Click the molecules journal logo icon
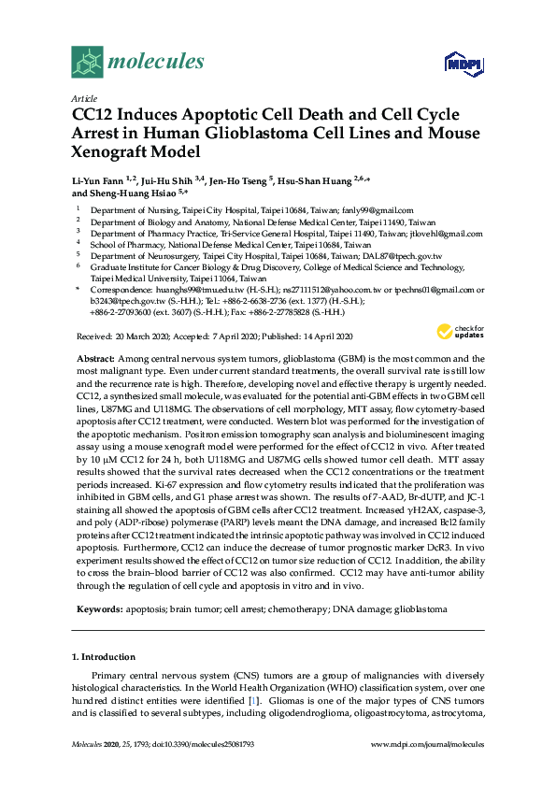88,63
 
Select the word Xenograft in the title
111,151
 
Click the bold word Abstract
93,360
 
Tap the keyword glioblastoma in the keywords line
421,609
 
